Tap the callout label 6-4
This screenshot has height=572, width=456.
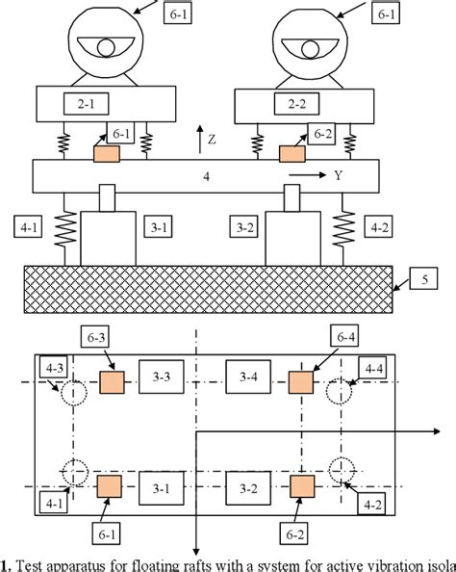click(342, 336)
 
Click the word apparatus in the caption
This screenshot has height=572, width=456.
click(71, 563)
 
